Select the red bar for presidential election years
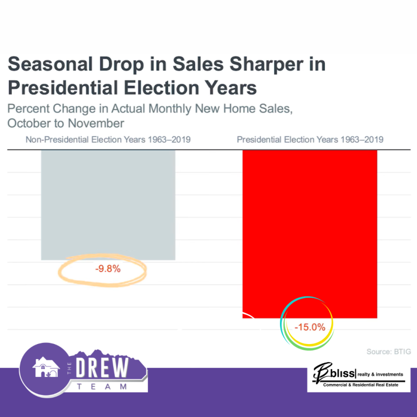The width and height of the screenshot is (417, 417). pyautogui.click(x=310, y=229)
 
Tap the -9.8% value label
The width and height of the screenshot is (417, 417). pyautogui.click(x=107, y=269)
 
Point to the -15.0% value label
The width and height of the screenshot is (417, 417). pyautogui.click(x=310, y=328)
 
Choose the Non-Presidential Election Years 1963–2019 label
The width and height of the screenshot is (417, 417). pyautogui.click(x=108, y=140)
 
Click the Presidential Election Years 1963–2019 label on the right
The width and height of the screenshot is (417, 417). pyautogui.click(x=310, y=140)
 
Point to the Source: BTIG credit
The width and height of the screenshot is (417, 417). pyautogui.click(x=389, y=352)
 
